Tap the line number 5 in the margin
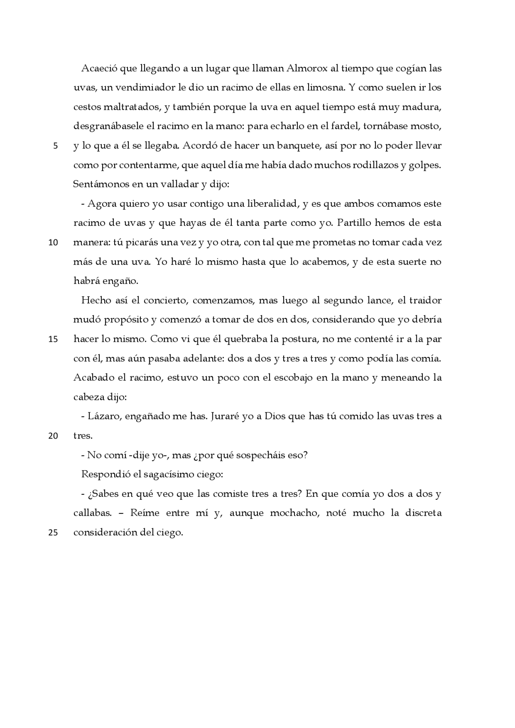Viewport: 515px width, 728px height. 55,146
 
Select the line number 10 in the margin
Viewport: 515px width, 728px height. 53,243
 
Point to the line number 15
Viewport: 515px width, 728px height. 53,339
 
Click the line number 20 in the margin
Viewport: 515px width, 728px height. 53,436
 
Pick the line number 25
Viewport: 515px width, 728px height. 53,533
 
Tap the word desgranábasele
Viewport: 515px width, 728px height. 108,126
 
